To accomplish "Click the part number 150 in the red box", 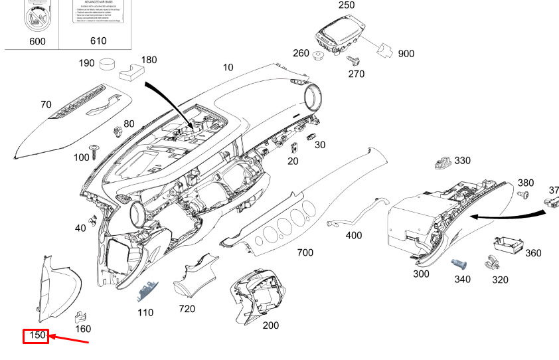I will coord(37,336).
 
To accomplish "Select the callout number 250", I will coord(347,5).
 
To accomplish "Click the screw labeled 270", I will coord(353,60).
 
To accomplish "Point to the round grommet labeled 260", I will coord(319,54).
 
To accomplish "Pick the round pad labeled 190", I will coord(108,64).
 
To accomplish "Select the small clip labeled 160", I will coord(81,317).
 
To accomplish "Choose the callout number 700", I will coord(305,253).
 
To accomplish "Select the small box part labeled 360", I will coord(508,245).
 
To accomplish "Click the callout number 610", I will coord(98,41).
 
